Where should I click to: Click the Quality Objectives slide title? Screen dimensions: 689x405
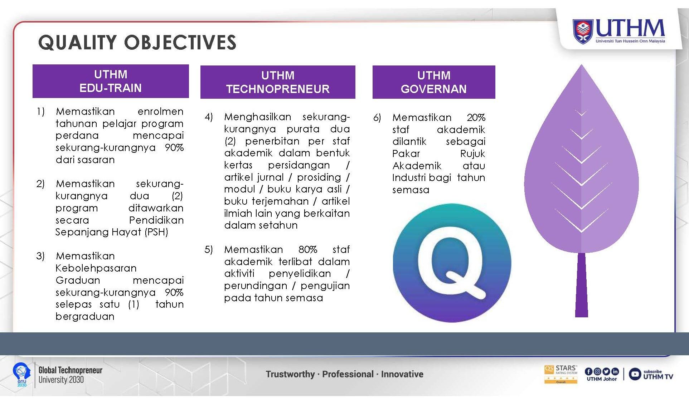pos(137,42)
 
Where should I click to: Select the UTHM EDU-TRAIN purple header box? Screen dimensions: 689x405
pos(111,81)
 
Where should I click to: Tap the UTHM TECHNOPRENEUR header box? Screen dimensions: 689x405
pos(278,82)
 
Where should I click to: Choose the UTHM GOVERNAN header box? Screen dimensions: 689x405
pos(434,82)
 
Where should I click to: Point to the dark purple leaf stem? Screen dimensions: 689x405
pos(581,285)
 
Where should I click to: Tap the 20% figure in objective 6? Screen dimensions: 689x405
pos(476,117)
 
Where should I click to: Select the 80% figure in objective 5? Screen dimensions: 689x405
pos(308,249)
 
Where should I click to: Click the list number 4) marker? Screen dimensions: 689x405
pos(209,117)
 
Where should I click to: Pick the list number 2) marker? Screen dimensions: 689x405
pos(40,184)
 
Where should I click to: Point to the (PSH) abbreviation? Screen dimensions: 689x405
pos(156,232)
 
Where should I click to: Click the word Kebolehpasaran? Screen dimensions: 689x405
pos(96,268)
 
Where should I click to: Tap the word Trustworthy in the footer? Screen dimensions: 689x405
pos(290,374)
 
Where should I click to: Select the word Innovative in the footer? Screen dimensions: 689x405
pos(402,374)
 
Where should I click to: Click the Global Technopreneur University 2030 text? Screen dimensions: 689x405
pos(70,375)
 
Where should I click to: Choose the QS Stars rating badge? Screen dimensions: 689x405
pos(561,374)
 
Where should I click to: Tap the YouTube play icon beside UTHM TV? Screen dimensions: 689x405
pos(635,374)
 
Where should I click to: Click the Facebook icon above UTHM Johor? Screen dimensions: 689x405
pos(589,372)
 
